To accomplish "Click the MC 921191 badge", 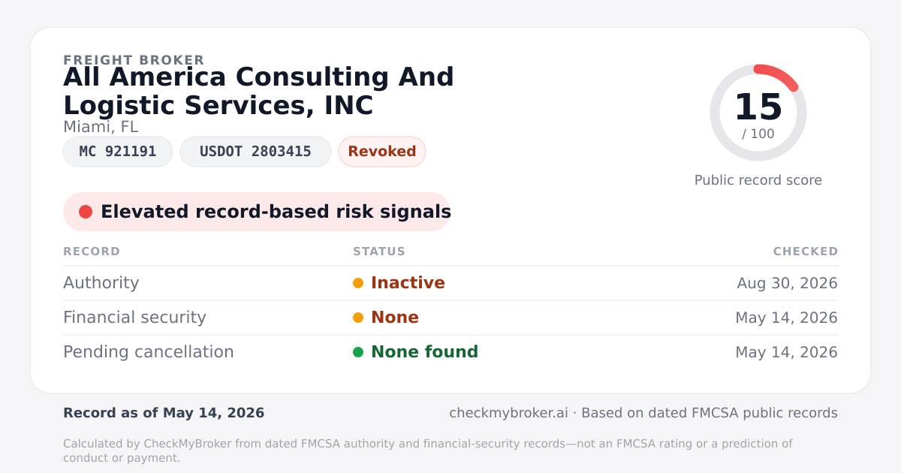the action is [x=118, y=152].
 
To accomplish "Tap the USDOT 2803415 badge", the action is [x=255, y=152].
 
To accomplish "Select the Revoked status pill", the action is [x=382, y=152].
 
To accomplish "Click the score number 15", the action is [x=758, y=107].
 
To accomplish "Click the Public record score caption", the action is [x=758, y=180].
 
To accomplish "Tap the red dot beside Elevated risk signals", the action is [x=86, y=212].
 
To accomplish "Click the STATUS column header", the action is [x=379, y=252].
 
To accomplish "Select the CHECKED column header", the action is [x=806, y=252].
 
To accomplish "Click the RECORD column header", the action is [x=92, y=252].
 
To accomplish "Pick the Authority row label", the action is [x=101, y=283].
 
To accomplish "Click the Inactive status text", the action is [x=408, y=283].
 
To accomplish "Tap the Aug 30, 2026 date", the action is [x=787, y=283].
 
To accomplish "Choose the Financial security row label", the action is [x=134, y=318].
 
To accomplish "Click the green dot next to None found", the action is [x=358, y=352].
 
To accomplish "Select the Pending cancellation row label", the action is [x=149, y=352].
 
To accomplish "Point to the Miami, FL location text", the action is [x=101, y=127].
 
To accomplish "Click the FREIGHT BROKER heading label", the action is [x=134, y=60].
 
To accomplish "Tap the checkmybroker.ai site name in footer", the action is [x=508, y=413].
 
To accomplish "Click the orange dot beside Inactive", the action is [x=358, y=283].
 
